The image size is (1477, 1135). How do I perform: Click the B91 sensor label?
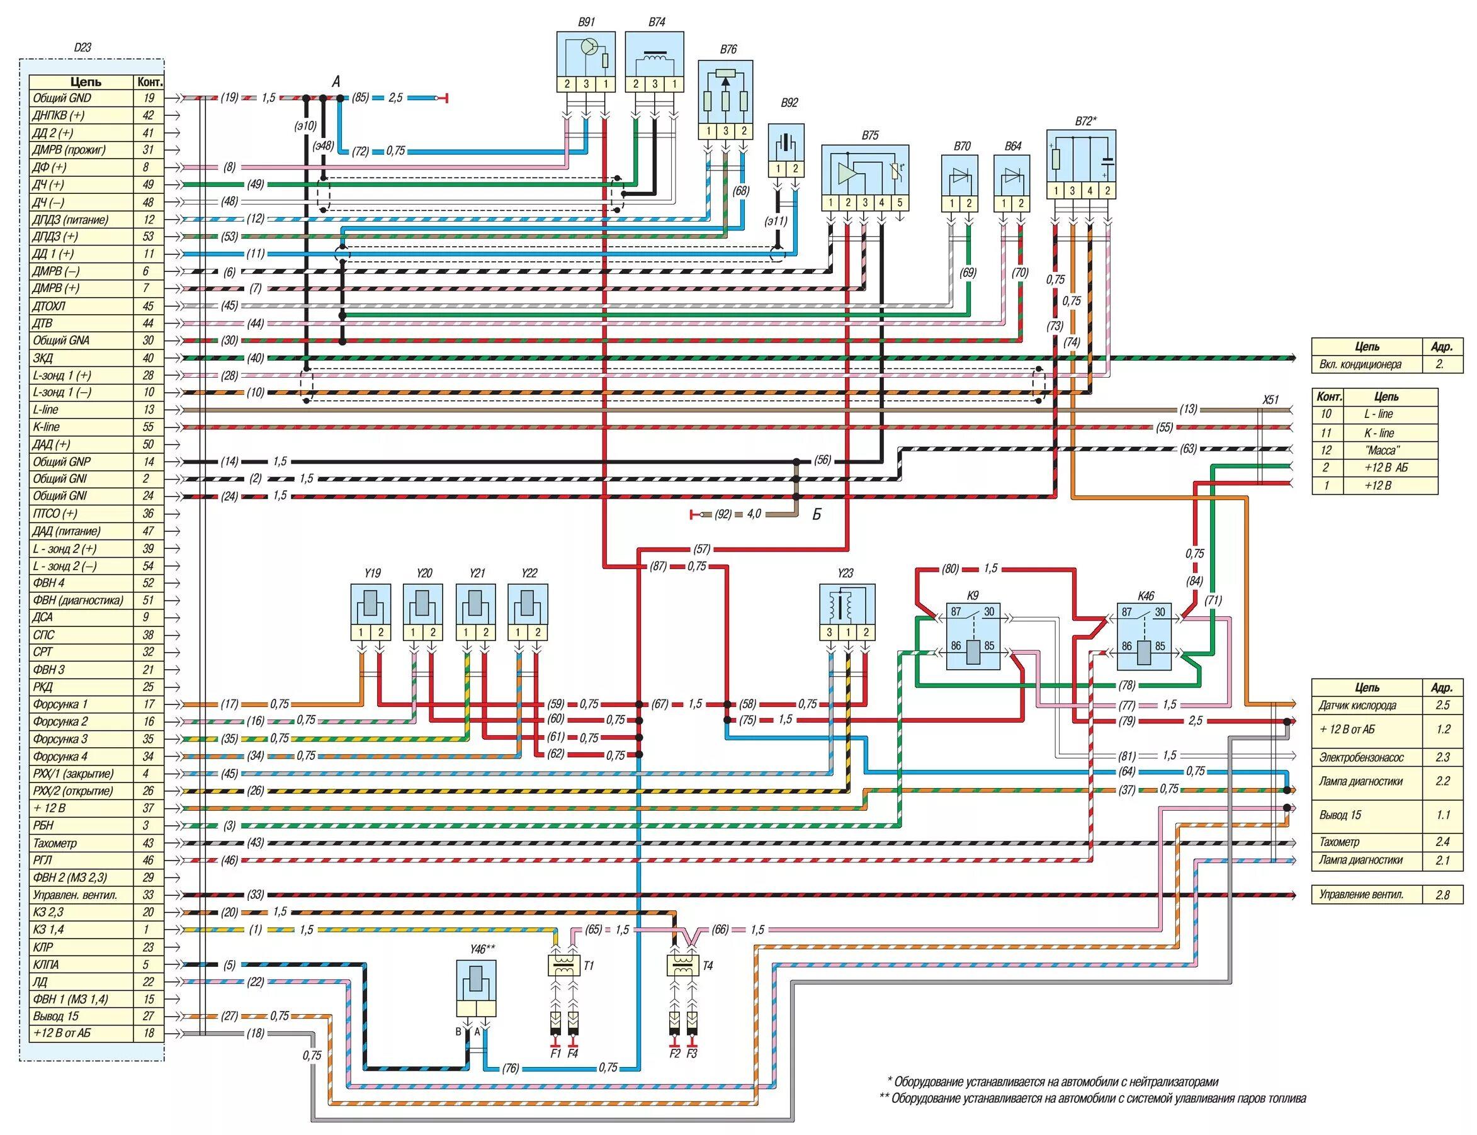tap(586, 22)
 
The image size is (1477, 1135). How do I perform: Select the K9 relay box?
tap(973, 636)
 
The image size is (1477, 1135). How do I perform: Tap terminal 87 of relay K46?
tap(1126, 613)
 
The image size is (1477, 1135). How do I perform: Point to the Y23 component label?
tap(844, 573)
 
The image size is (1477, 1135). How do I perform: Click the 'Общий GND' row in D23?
tap(82, 98)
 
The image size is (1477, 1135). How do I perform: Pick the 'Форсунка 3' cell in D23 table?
tap(82, 739)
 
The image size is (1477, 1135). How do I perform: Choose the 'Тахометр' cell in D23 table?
tap(82, 843)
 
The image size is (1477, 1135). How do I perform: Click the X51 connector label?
tap(1271, 400)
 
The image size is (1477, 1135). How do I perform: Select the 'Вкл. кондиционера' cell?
tap(1365, 364)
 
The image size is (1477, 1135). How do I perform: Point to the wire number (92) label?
tap(723, 514)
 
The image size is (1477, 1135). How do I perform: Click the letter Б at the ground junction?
tap(816, 515)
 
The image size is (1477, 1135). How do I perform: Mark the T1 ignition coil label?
tap(589, 966)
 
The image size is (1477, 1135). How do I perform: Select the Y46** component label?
tap(482, 949)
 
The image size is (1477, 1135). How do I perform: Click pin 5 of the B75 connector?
tap(900, 203)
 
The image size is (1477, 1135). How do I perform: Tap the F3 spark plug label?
tap(692, 1053)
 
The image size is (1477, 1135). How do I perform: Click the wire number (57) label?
tap(701, 550)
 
